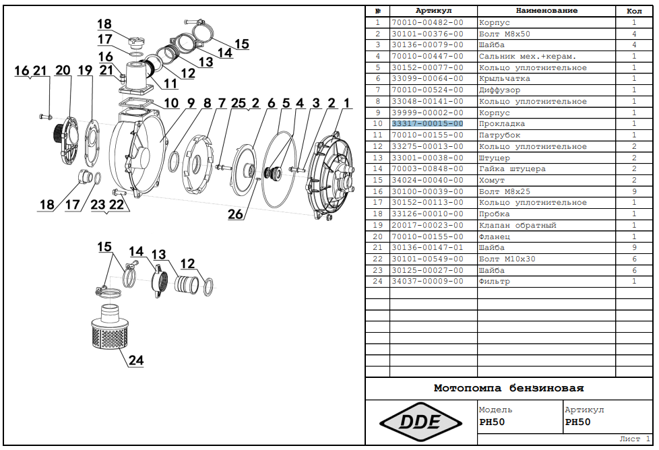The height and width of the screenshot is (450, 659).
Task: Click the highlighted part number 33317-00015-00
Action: click(x=427, y=124)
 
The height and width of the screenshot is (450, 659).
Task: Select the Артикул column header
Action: click(x=433, y=11)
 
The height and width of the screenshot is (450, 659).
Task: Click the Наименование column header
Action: click(x=546, y=11)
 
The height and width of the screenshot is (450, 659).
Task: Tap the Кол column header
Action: click(x=633, y=11)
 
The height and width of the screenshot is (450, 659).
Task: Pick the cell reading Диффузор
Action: click(x=499, y=90)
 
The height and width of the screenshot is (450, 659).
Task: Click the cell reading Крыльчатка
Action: click(x=504, y=79)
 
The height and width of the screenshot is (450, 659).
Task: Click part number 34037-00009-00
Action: click(x=427, y=282)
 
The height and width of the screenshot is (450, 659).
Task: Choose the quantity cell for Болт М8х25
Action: click(x=633, y=191)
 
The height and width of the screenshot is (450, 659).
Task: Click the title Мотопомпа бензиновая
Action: click(x=509, y=389)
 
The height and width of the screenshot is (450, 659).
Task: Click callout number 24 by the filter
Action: click(x=136, y=360)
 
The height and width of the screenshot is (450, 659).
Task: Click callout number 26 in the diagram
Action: click(x=235, y=215)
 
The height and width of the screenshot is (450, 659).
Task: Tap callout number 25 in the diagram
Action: click(x=239, y=103)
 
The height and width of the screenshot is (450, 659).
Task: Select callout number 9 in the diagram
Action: click(x=191, y=103)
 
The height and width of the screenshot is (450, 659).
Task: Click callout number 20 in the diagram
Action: click(x=63, y=71)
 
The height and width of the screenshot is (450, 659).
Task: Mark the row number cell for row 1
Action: click(x=377, y=23)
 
